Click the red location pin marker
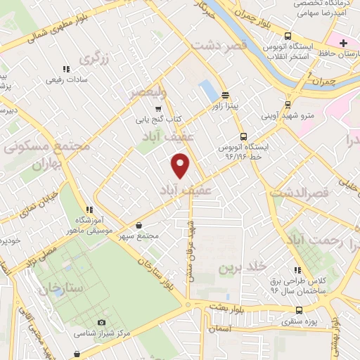point(181,166)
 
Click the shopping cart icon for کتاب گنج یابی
point(158,109)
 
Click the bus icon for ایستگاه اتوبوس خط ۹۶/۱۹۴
point(243,137)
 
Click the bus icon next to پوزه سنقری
point(300,310)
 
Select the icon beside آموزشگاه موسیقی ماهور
point(89,210)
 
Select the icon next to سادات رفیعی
point(66,69)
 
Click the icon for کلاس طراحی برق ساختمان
point(298,270)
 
